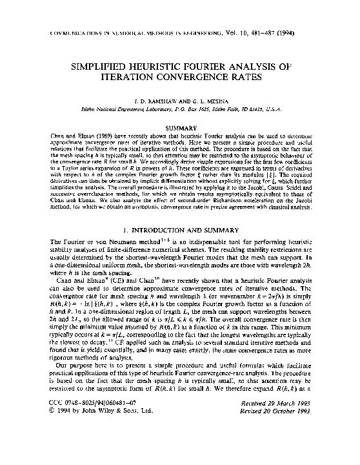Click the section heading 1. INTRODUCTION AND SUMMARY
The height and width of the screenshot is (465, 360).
181,229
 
